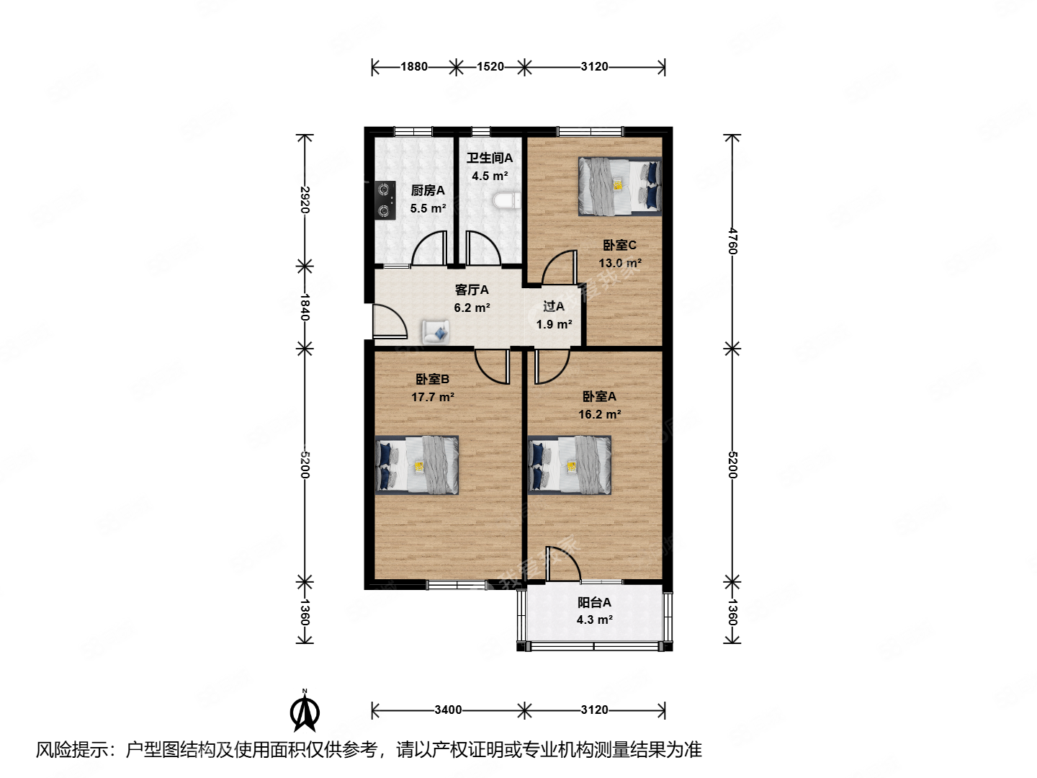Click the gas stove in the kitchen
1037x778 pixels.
(x=385, y=200)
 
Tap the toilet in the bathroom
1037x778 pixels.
(x=506, y=201)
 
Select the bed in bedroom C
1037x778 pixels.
(x=620, y=187)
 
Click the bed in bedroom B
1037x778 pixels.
(x=417, y=465)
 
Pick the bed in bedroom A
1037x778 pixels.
(x=570, y=465)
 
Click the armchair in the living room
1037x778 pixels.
(x=436, y=331)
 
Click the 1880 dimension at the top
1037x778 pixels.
(x=414, y=67)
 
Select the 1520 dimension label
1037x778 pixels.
(x=490, y=67)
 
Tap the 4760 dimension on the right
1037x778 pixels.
(x=732, y=241)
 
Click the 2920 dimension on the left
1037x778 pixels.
(x=305, y=200)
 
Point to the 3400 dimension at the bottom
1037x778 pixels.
(x=448, y=710)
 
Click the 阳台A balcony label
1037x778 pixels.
(x=594, y=602)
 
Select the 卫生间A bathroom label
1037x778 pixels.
(x=490, y=158)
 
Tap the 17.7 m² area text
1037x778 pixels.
(x=433, y=397)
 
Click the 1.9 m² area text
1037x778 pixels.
(x=555, y=324)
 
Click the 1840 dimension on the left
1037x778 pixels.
(x=305, y=307)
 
